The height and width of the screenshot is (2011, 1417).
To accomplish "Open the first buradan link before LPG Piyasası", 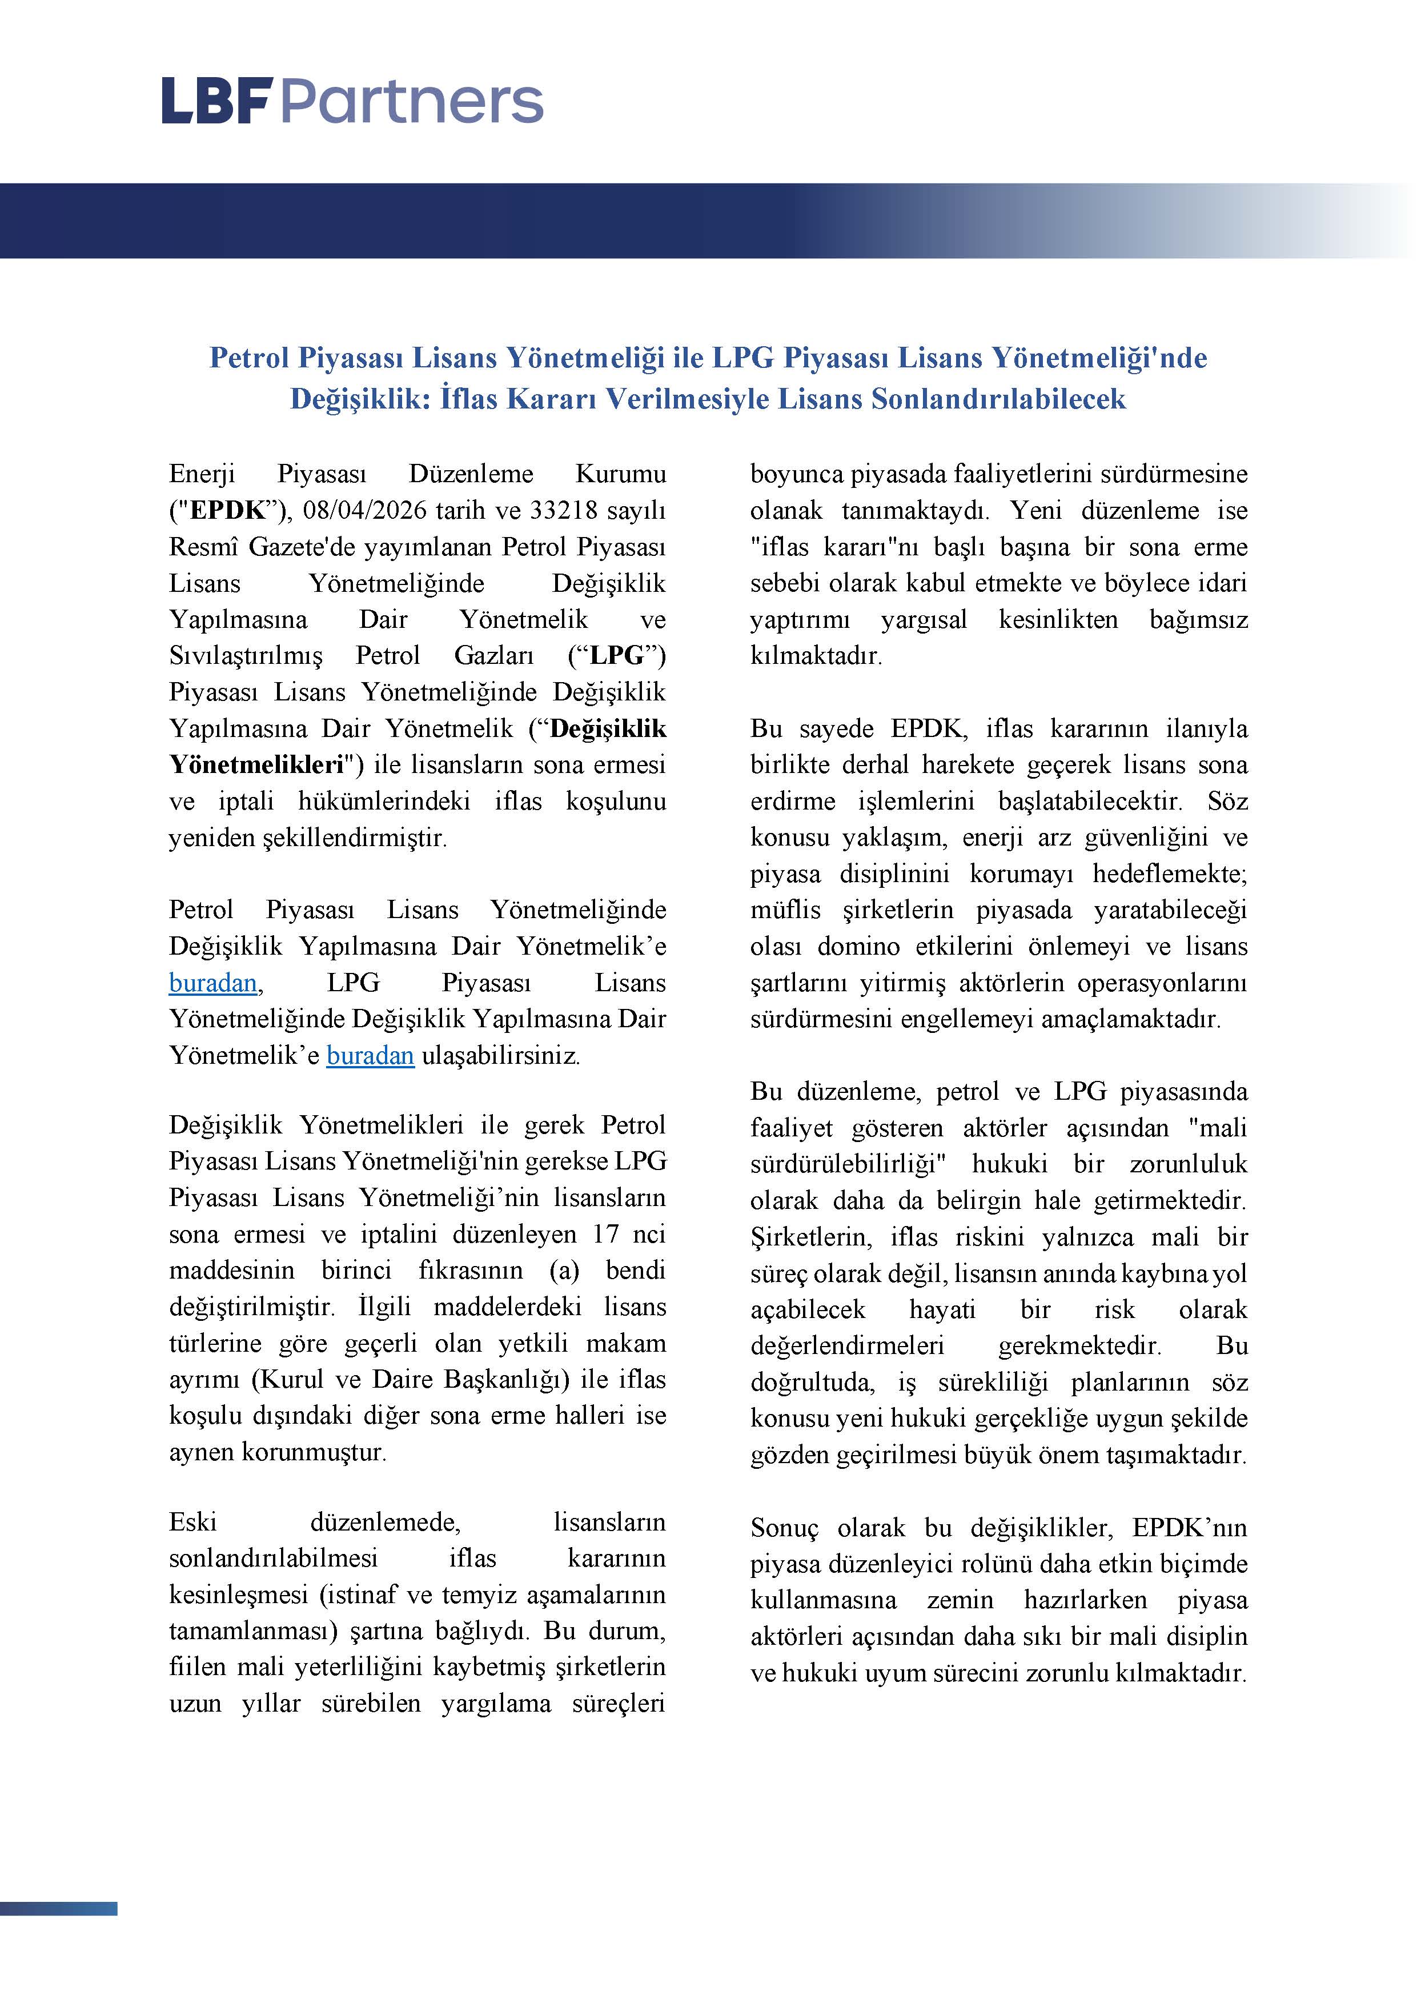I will (213, 983).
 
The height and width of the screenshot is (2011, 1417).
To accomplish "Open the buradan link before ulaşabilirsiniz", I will (370, 1055).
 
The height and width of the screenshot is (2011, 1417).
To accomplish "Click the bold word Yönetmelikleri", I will (256, 764).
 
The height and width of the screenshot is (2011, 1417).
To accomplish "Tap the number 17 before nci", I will (605, 1234).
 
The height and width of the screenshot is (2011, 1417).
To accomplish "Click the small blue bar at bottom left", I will (59, 1909).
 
